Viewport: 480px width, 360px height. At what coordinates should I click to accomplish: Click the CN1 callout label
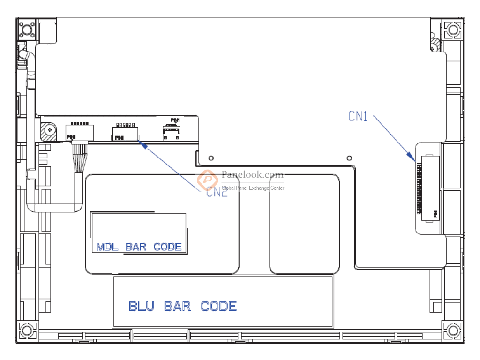click(x=358, y=116)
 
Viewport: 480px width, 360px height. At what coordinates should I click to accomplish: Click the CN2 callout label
click(x=217, y=192)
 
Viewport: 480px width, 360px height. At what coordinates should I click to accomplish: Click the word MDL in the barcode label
click(x=107, y=247)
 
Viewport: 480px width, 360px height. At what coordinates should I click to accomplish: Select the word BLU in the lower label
click(x=141, y=307)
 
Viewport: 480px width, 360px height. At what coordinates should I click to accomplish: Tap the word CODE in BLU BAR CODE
click(x=218, y=307)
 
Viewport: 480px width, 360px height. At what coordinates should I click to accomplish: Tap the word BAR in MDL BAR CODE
click(x=136, y=247)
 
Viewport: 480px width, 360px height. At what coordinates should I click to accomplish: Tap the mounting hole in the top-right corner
click(x=453, y=30)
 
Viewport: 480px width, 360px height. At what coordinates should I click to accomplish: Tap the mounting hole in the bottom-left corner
click(x=27, y=330)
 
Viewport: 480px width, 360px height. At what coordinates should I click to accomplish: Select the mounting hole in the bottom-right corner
click(x=453, y=330)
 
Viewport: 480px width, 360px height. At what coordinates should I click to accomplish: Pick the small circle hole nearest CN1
click(x=349, y=157)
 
